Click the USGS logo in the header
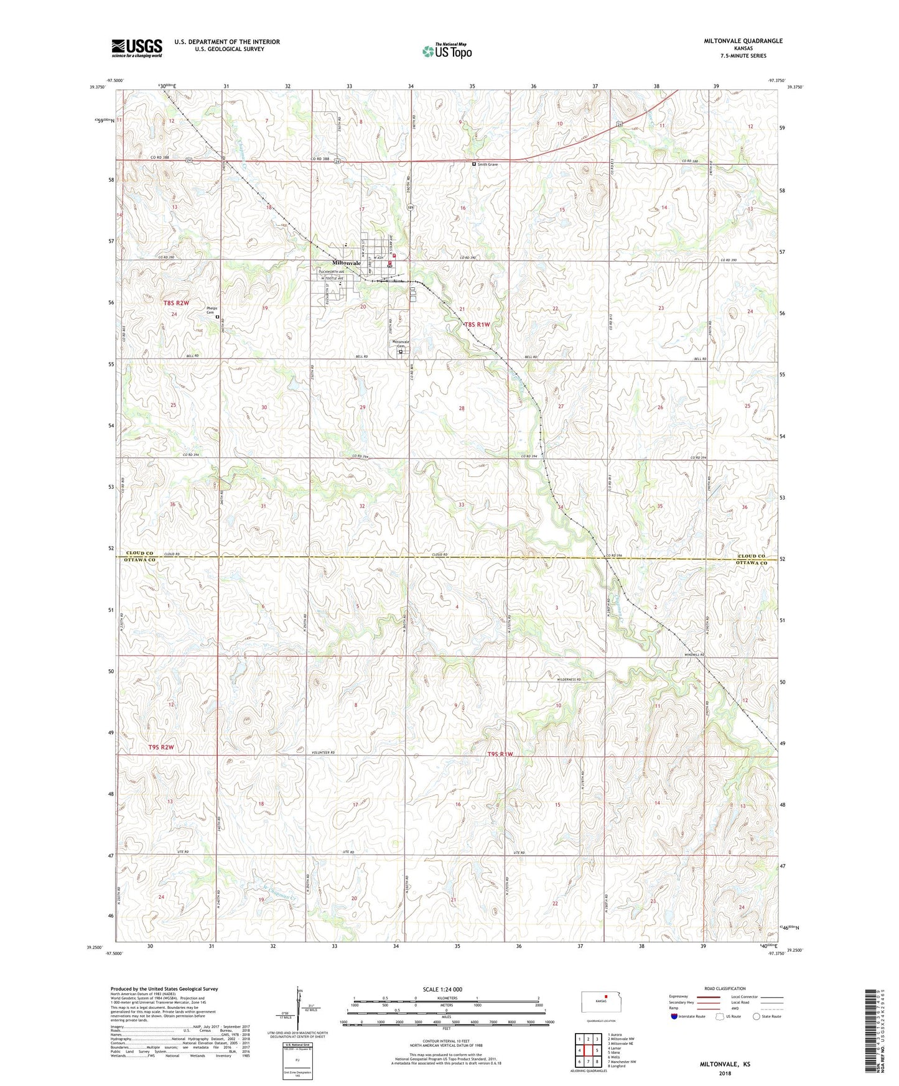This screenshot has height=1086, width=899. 137,48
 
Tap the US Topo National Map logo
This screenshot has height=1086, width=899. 446,50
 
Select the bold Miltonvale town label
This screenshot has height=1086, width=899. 346,263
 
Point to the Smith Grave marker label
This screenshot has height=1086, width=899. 487,164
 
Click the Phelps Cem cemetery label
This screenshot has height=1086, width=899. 206,315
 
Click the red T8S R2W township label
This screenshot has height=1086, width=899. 175,303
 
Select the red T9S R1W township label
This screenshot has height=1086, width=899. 501,754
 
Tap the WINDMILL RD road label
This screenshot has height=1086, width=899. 694,655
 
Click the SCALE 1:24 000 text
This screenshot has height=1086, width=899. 442,989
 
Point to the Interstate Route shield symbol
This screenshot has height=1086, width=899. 675,1016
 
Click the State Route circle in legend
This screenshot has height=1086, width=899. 757,1016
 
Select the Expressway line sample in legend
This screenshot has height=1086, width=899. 708,997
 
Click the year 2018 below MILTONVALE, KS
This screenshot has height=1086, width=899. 725,1073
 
